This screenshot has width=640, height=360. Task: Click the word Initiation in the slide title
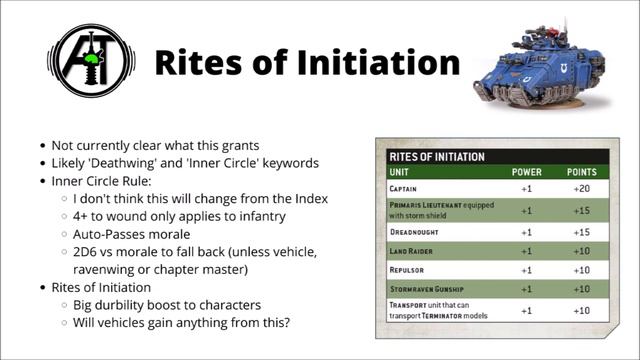372,63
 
